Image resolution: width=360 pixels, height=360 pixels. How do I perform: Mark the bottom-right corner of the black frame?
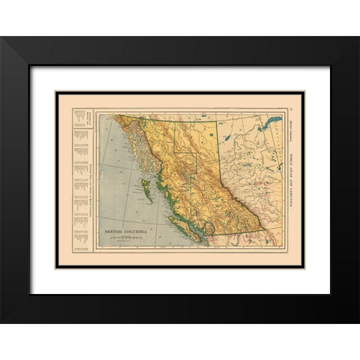coord(358,322)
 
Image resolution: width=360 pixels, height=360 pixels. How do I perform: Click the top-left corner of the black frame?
coord(1,37)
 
